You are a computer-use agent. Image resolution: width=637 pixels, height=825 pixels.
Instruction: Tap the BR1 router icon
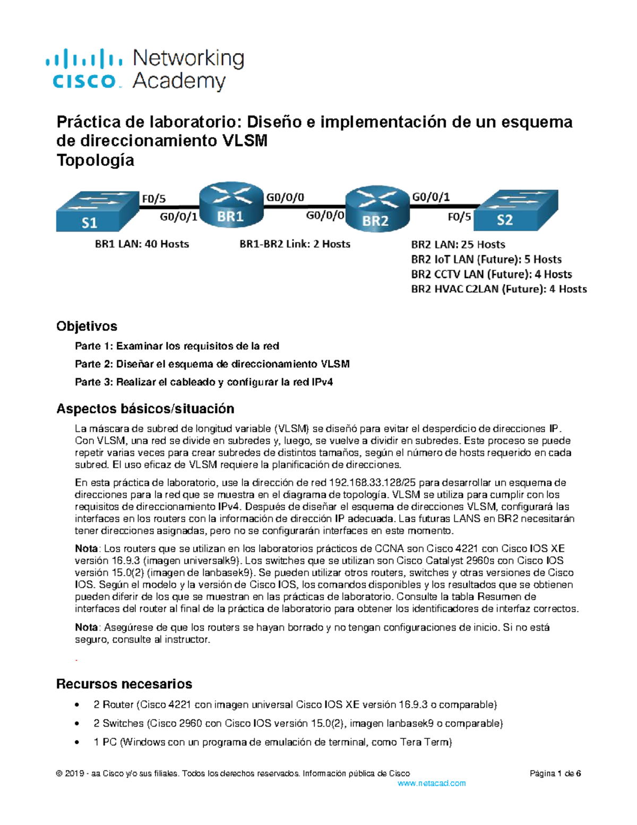coord(231,205)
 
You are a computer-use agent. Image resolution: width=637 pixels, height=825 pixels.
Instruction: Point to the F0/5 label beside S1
coord(153,199)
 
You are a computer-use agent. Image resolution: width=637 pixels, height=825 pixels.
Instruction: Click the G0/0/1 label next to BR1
coord(178,216)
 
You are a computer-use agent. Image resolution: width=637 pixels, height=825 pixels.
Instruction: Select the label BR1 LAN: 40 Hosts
coord(142,244)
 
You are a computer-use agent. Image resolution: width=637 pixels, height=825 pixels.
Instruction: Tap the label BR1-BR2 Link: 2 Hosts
coord(295,244)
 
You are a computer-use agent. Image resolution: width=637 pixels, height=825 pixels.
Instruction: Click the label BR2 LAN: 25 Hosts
coord(458,245)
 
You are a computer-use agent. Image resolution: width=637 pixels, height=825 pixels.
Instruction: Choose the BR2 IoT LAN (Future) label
coord(486,260)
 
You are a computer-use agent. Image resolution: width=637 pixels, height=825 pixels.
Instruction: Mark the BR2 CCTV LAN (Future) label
coord(491,275)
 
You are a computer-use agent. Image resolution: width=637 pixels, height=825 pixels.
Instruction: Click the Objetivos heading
coord(87,326)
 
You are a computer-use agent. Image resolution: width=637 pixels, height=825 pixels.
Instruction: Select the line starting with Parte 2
coord(212,364)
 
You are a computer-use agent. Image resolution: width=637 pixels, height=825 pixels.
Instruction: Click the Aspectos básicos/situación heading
coord(145,409)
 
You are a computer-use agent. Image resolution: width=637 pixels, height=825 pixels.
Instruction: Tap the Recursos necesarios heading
coord(124,684)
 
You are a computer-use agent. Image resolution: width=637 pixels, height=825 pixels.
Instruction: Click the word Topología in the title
coord(95,160)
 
